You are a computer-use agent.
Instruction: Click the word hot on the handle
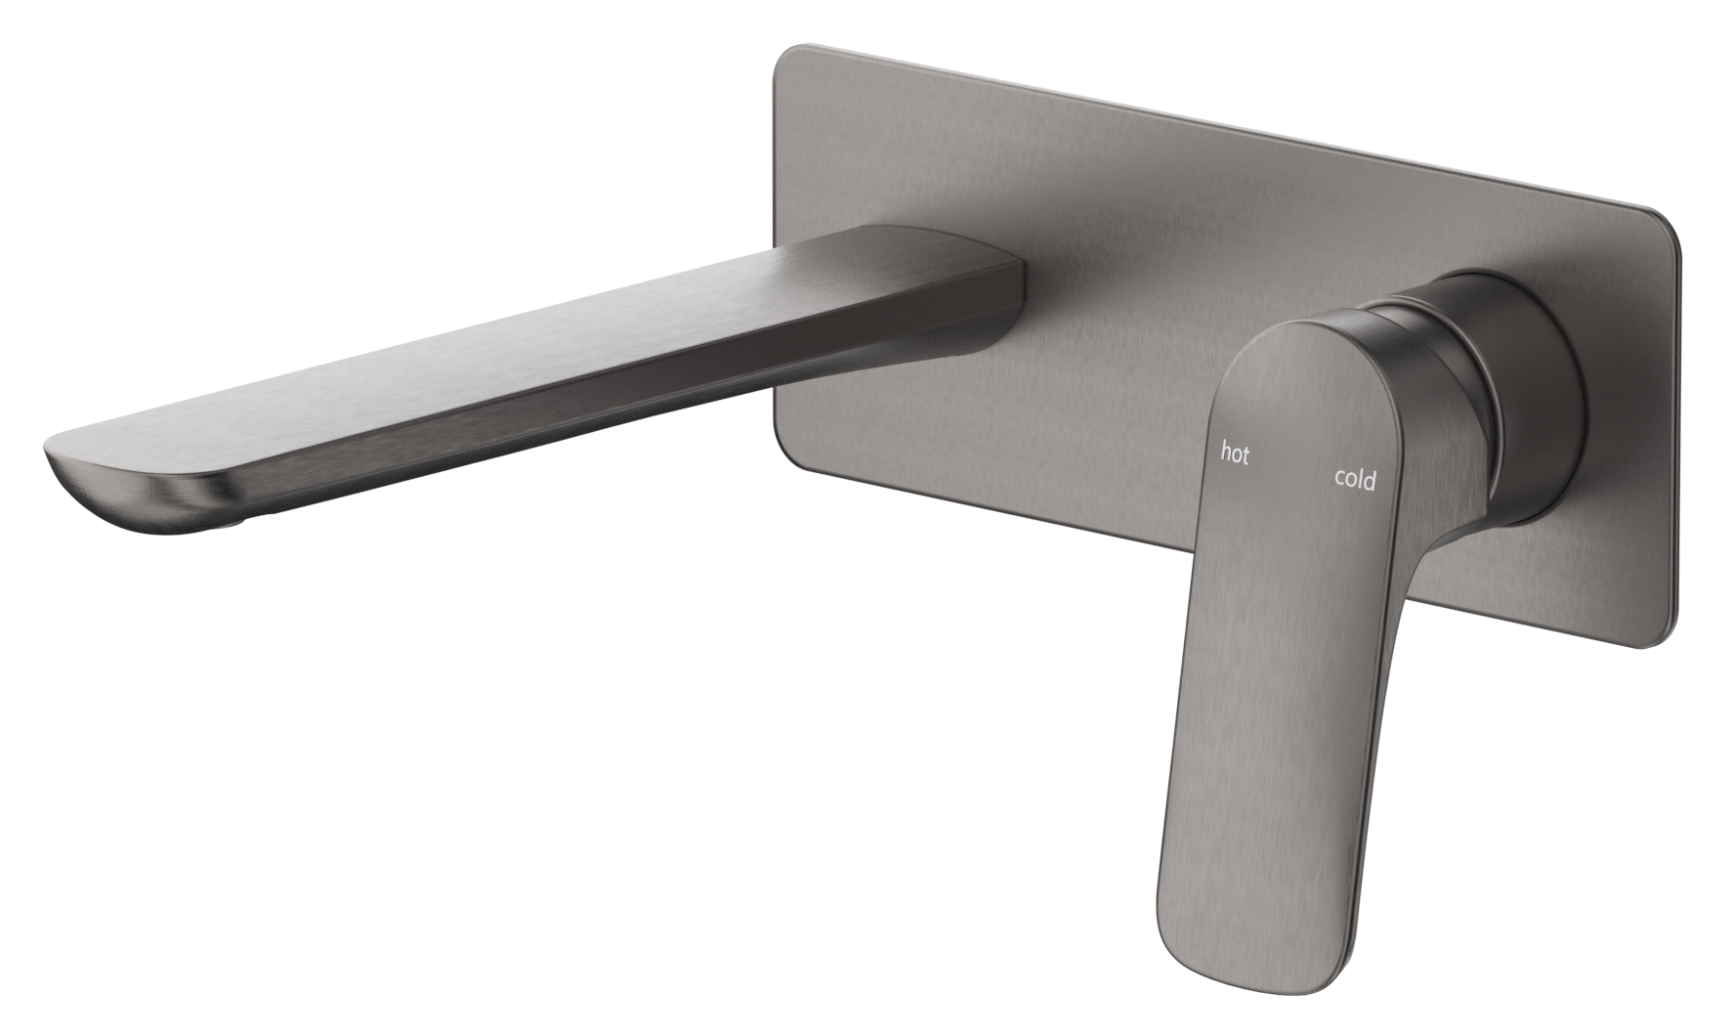click(x=1235, y=453)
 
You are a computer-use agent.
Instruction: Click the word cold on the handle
click(x=1355, y=479)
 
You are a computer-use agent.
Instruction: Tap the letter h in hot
click(x=1226, y=452)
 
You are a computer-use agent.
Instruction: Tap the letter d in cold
click(x=1371, y=479)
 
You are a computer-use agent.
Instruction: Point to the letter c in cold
click(x=1340, y=479)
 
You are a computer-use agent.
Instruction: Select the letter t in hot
click(x=1245, y=455)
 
